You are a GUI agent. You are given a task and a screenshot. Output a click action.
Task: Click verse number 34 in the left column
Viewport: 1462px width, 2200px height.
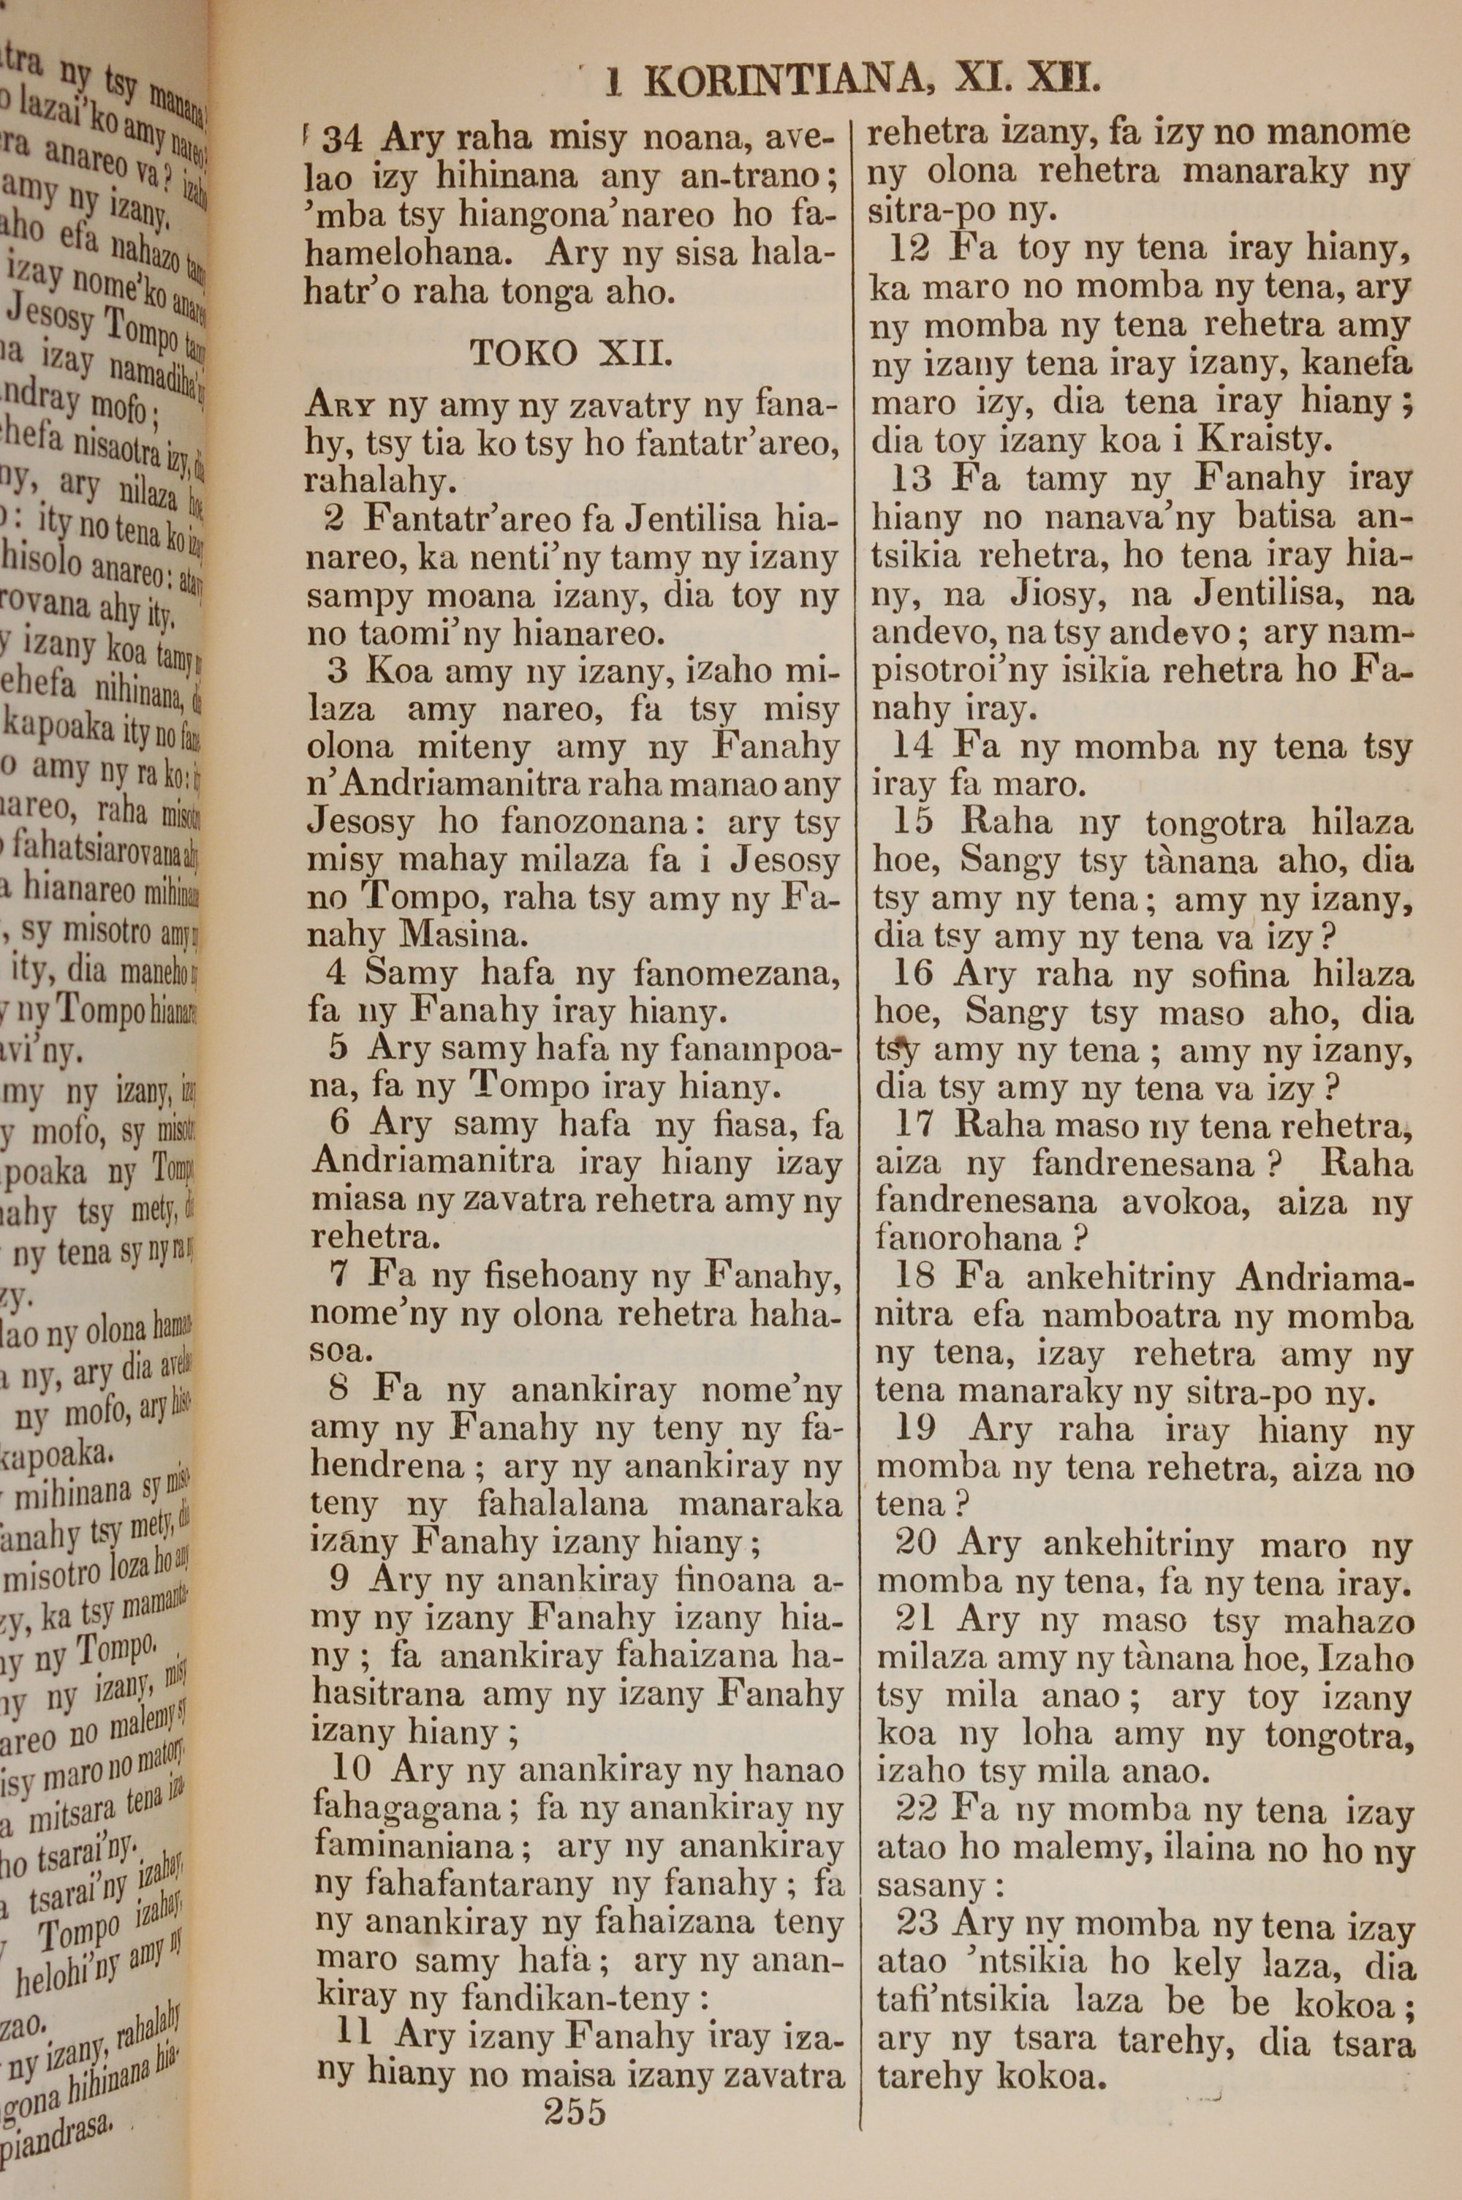[x=341, y=140]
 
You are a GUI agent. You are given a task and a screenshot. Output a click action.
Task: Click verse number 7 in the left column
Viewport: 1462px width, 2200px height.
[x=341, y=1276]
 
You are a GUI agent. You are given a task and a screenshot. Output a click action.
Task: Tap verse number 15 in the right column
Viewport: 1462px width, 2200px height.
[x=914, y=824]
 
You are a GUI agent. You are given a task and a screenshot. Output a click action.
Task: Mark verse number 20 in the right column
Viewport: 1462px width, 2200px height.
[x=916, y=1543]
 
